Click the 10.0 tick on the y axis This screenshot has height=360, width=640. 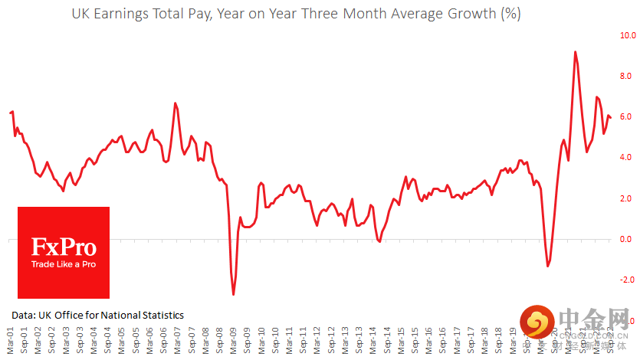[628, 35]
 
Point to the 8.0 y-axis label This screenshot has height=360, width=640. [628, 76]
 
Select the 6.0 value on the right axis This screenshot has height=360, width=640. [628, 116]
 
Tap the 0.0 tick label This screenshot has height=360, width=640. [628, 240]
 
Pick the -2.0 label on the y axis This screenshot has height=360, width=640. [628, 280]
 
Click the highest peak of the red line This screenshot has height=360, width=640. [575, 52]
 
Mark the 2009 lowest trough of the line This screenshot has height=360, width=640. [233, 294]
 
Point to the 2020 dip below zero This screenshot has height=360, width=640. [548, 266]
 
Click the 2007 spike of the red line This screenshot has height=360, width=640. [176, 103]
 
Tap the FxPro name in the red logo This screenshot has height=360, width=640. [64, 247]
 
